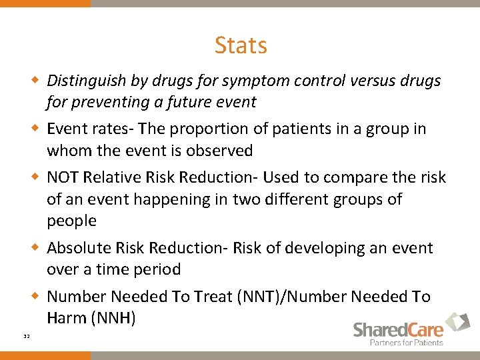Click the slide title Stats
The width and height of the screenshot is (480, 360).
coord(241,45)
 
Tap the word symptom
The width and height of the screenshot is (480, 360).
coord(245,81)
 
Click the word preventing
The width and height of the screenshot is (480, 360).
coord(110,103)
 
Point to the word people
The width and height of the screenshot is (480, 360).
coord(71,221)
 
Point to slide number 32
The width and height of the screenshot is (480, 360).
coord(26,337)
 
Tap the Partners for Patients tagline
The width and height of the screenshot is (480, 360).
coord(407,343)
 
